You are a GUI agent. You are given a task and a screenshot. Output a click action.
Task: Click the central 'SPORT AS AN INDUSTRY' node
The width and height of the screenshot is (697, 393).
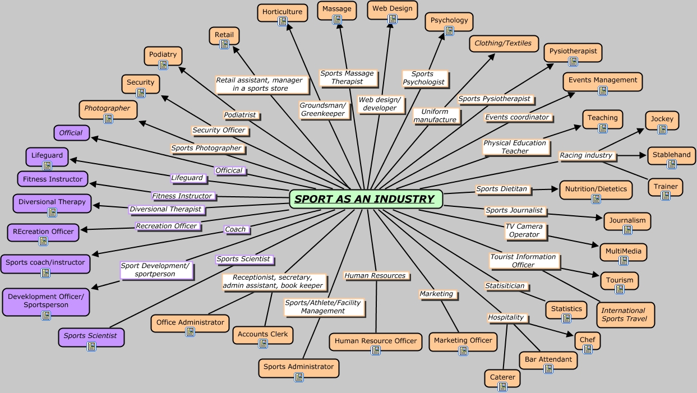pos(366,199)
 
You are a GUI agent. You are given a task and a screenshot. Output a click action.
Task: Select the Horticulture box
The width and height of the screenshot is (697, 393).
pos(283,12)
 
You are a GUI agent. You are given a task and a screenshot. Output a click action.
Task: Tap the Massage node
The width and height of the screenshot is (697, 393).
pos(337,10)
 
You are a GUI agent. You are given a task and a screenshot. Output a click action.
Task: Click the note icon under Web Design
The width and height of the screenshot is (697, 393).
pos(393,19)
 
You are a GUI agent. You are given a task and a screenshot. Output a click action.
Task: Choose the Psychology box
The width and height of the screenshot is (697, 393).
pos(449,21)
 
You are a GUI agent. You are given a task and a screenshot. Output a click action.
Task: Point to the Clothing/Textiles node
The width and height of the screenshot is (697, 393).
pos(503,43)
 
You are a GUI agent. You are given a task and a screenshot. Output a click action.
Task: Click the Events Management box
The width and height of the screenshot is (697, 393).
pos(602,81)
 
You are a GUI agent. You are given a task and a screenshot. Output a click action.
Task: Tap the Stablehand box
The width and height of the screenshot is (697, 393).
pos(671,155)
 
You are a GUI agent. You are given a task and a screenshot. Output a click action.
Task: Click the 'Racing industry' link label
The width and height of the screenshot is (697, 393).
pos(586,155)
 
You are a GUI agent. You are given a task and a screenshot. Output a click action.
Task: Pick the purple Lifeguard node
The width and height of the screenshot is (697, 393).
pos(47,156)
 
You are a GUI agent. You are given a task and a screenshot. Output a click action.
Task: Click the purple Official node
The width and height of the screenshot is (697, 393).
pos(71,133)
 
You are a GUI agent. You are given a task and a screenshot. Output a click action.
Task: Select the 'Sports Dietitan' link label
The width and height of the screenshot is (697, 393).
pos(502,189)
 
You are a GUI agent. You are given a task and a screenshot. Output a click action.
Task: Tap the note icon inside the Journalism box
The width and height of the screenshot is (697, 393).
pos(627,230)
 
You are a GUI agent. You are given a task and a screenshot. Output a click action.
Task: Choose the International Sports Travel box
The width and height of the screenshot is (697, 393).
pos(624,315)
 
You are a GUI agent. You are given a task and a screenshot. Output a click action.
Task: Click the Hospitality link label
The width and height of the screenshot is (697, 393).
pos(506,317)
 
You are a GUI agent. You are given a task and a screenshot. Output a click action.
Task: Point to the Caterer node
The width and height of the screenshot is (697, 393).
pos(502,377)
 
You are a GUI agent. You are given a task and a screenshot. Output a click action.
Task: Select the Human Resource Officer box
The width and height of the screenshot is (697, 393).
pos(376,341)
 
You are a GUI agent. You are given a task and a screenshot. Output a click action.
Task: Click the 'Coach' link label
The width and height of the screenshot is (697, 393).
pos(236,229)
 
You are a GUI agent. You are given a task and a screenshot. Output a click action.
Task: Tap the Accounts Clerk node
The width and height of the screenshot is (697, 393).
pos(262,335)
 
